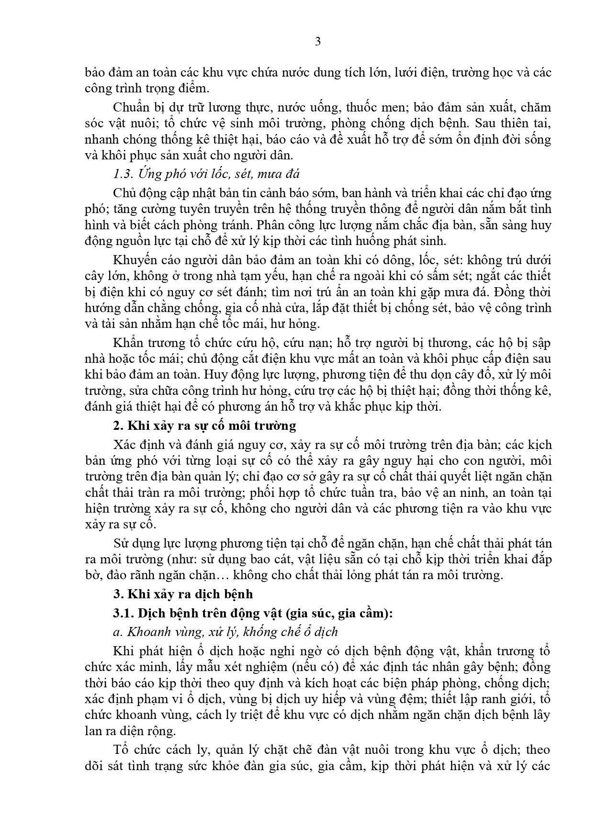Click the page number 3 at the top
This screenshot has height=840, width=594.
point(318,42)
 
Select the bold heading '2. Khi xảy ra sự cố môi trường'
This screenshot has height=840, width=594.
point(205,426)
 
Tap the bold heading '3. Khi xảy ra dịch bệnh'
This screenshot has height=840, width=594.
point(183,594)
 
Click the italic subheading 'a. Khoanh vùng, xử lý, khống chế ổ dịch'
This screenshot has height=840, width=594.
point(225,632)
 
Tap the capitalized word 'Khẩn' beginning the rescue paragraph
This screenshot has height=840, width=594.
point(127,343)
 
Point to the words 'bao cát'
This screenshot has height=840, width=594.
point(274,560)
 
